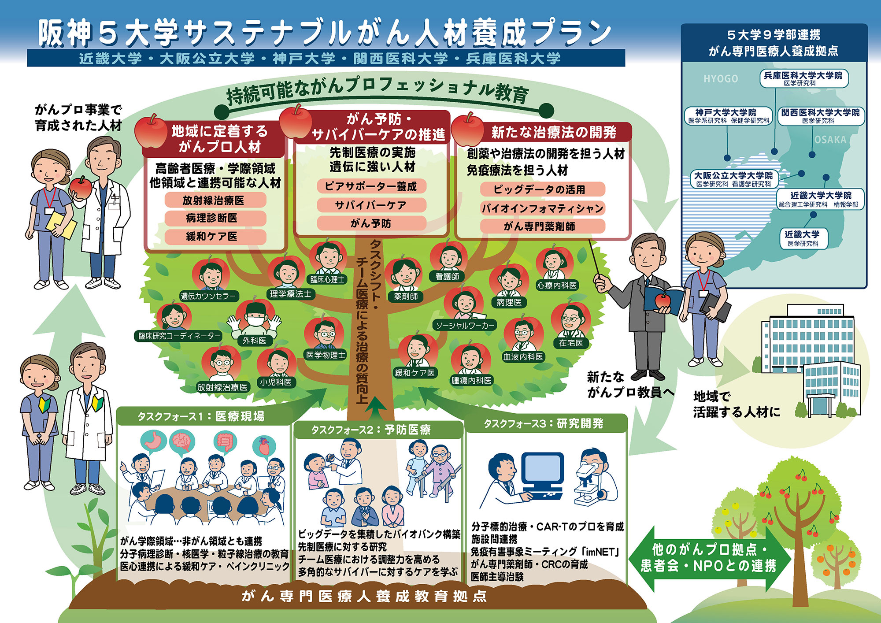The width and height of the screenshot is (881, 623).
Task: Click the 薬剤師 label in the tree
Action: coord(406,297)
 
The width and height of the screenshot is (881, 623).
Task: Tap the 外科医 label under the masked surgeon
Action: coord(254,341)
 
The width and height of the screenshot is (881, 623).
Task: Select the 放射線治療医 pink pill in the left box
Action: coord(215,200)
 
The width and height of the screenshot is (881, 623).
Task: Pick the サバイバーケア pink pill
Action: coord(371,205)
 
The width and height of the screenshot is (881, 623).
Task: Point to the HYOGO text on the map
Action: coord(721,79)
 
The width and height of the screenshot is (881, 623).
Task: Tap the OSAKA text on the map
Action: coord(830,140)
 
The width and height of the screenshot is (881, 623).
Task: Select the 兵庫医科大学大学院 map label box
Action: coord(804,78)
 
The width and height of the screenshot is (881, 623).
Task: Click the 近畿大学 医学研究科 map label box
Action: coord(803,238)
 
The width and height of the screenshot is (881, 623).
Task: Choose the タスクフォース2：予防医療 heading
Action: coord(371,430)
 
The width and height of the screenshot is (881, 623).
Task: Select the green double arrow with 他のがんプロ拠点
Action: coord(710,558)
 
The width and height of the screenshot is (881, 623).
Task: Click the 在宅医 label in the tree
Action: coord(571,343)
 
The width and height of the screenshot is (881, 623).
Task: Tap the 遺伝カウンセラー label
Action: coord(208,296)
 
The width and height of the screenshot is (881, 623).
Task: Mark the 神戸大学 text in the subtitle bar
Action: coord(304,59)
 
